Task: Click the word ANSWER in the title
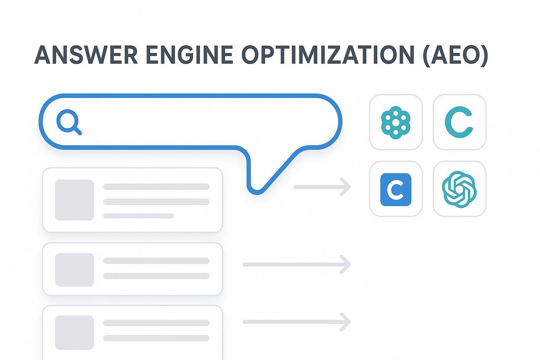(86, 55)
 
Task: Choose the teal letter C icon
(459, 122)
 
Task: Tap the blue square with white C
(396, 189)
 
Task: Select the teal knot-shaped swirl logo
(459, 189)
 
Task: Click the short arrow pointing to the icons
(322, 187)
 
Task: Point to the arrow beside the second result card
(296, 264)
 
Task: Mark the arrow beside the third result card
(296, 322)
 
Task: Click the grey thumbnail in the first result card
(75, 200)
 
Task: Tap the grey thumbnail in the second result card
(75, 270)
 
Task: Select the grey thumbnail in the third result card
(75, 332)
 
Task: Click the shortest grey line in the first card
(139, 216)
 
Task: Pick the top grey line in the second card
(156, 261)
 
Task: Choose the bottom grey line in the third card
(156, 338)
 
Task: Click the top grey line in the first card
(156, 187)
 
